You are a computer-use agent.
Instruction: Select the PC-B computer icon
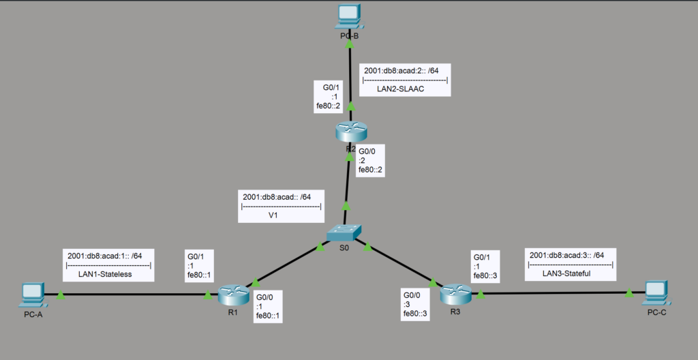point(350,17)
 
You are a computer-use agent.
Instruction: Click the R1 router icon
point(233,295)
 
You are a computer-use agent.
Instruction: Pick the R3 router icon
point(455,294)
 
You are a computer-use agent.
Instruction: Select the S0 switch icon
point(344,233)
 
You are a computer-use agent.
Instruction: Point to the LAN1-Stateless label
point(105,274)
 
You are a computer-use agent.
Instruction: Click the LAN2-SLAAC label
point(401,89)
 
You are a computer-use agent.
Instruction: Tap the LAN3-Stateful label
point(566,273)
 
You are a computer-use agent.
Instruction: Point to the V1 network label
point(273,215)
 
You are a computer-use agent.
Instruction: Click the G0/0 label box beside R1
point(268,307)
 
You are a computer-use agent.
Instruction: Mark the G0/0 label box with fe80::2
point(370,160)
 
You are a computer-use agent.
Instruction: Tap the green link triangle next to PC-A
point(61,295)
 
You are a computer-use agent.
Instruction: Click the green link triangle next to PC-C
point(629,292)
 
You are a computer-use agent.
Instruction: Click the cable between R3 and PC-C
point(556,293)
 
